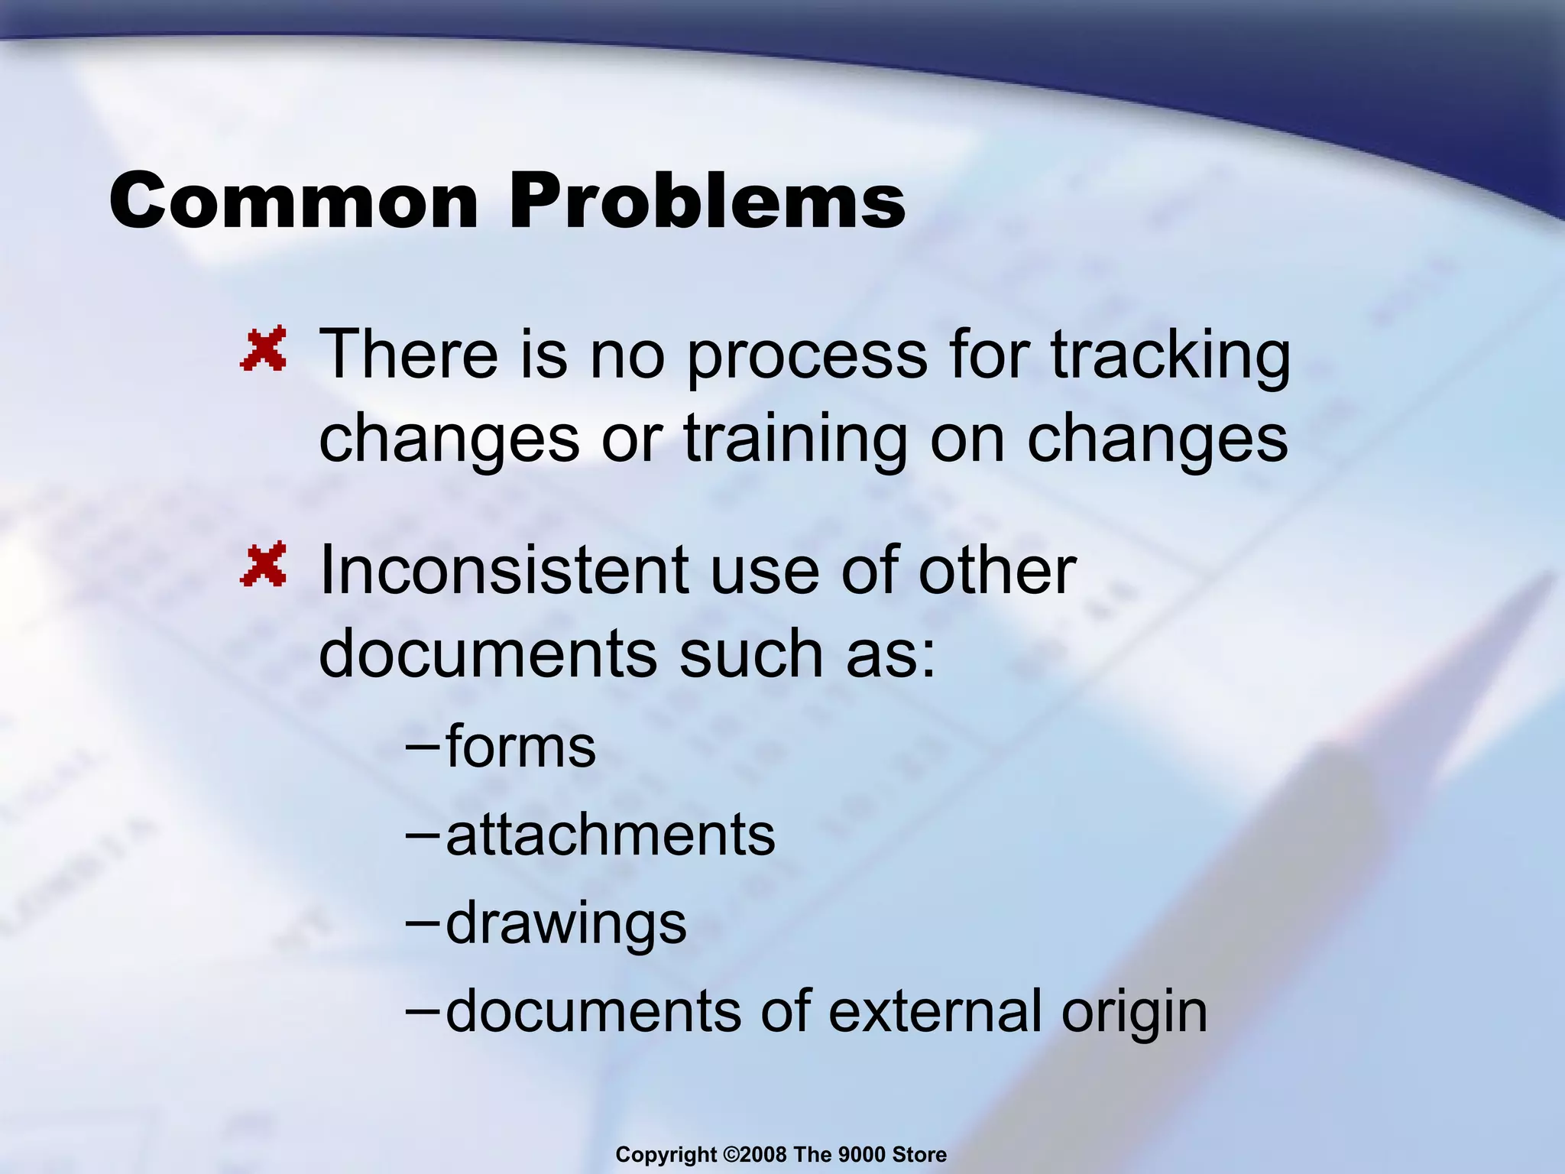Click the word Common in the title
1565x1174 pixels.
[293, 200]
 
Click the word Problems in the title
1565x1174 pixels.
[707, 200]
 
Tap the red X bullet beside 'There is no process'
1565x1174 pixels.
[264, 349]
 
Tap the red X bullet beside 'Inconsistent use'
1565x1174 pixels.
[264, 564]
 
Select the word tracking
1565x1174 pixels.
[1170, 355]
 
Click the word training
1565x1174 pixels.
[795, 439]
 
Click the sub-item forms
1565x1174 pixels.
[520, 747]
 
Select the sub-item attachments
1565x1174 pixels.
[610, 835]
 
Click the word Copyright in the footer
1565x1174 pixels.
[666, 1154]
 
